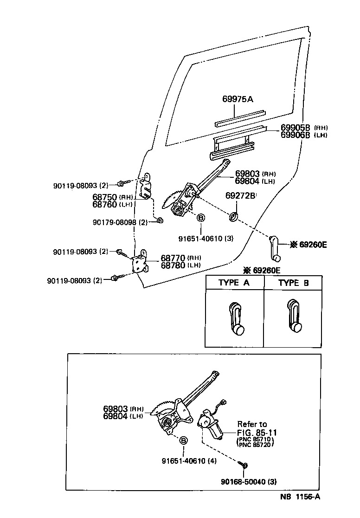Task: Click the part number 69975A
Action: pyautogui.click(x=238, y=99)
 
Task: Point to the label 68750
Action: pyautogui.click(x=105, y=197)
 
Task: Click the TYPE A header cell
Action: pyautogui.click(x=234, y=283)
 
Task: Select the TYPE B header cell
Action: pyautogui.click(x=293, y=283)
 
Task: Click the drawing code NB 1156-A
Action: pyautogui.click(x=300, y=497)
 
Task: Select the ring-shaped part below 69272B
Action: pyautogui.click(x=234, y=216)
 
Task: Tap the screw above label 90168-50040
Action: pyautogui.click(x=245, y=465)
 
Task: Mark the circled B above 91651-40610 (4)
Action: pyautogui.click(x=183, y=440)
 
